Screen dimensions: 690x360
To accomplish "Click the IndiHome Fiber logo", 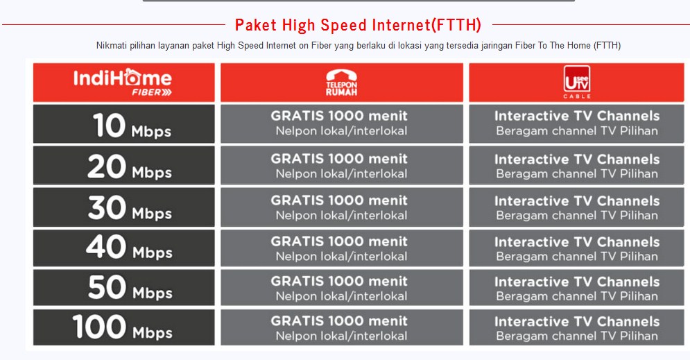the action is pos(122,82).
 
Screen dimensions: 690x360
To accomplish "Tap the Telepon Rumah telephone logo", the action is pos(341,83).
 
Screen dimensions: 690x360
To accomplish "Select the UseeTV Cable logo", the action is pos(577,82).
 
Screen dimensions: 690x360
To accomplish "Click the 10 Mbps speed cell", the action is pos(124,123).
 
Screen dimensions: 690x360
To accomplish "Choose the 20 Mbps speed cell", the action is pos(124,166).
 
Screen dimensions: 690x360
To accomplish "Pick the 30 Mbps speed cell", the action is pos(124,207).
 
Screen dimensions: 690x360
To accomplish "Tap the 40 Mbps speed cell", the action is pos(124,248).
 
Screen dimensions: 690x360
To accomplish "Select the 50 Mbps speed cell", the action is pos(124,287).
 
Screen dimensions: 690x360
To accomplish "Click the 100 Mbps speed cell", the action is pos(124,327).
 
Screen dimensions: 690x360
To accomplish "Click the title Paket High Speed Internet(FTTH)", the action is pos(358,25).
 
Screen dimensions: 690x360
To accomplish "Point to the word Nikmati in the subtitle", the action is pos(112,45).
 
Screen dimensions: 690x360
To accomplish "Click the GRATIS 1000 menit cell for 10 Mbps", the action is pos(341,123).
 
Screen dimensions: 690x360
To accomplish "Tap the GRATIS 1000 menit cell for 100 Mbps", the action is pos(341,327).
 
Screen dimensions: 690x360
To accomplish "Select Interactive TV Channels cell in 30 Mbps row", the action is pos(576,207).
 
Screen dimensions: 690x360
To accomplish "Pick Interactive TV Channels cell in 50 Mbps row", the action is pos(576,287).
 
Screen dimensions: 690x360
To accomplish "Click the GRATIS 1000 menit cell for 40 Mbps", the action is pos(341,248).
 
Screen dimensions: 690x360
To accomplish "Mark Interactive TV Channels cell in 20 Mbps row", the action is pos(576,166).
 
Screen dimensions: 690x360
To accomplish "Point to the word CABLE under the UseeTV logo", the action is pos(577,96).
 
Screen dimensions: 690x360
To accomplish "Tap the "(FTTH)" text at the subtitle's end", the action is pos(607,45).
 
